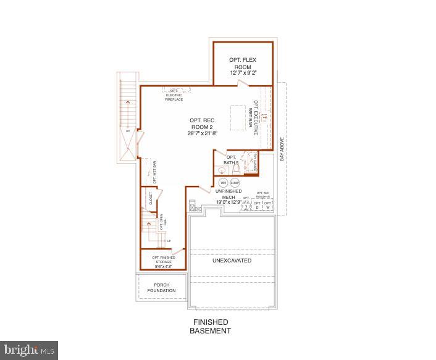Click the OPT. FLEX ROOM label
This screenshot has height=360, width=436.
coord(243,63)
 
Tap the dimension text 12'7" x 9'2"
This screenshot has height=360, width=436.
coord(243,73)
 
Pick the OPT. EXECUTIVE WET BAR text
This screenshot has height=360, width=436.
coord(253,117)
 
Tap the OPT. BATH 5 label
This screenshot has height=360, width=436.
coord(232,160)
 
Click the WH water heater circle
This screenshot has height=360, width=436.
coord(224,183)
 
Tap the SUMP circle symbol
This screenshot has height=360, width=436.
coord(235,183)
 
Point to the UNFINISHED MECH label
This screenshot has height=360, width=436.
coord(233,194)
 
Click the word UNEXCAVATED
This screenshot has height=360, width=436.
coord(232,261)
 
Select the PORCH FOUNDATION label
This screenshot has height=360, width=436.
coord(161,288)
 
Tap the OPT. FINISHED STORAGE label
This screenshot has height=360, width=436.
coord(164,259)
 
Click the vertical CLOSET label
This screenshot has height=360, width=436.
coord(150,198)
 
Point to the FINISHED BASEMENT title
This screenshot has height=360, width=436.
coord(211,327)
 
